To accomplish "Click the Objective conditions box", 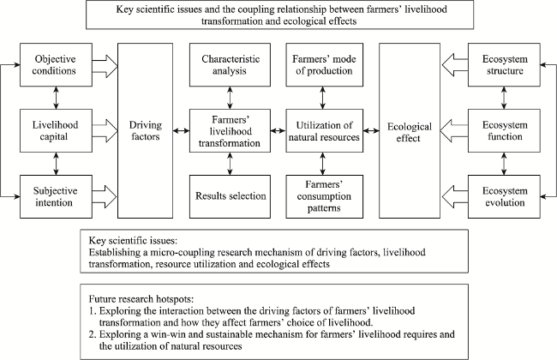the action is pos(56,64).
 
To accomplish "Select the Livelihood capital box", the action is pos(56,131).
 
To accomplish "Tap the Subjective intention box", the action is pos(56,196).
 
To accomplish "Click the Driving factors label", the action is pos(146,131).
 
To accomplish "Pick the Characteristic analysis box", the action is pos(230,64).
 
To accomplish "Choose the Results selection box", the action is pos(230,196).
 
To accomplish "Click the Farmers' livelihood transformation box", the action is pos(230,131).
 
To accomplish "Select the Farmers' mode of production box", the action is pos(324,64).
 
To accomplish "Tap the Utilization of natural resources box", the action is pos(324,131).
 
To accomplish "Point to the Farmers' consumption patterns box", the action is pos(324,196).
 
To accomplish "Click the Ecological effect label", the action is pos(410,132).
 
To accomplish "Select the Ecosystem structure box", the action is pos(504,64).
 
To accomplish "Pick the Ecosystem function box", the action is pos(504,131).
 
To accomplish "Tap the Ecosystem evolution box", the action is pos(504,196).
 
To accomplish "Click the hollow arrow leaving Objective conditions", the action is pos(105,66).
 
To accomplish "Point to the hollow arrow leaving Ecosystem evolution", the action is pos(455,196).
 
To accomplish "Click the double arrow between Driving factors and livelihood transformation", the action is pos(181,131).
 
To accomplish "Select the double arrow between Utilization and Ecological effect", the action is pos(371,131).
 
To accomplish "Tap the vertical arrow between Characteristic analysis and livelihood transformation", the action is pos(230,98).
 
